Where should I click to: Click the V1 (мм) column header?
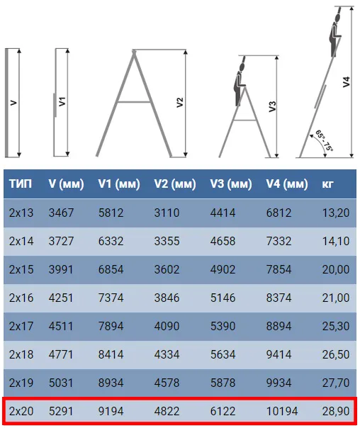[119, 184]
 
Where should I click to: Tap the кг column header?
[327, 184]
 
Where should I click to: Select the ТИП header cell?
[21, 184]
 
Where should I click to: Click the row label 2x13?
[21, 213]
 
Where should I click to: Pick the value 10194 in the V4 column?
[282, 411]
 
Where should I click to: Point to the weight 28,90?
[336, 411]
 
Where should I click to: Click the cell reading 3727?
[61, 242]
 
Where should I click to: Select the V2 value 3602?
[167, 270]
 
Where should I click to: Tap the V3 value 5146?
[223, 298]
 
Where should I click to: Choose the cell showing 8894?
[279, 326]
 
